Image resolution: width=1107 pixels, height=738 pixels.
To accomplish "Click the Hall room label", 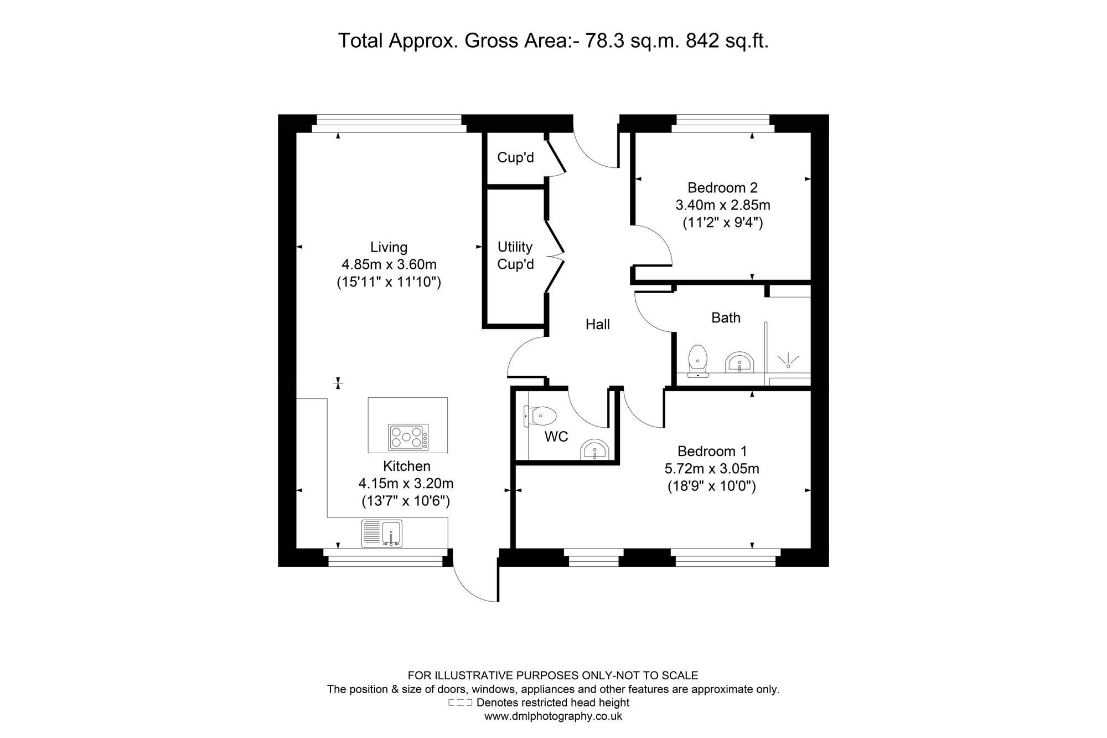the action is pos(598,324).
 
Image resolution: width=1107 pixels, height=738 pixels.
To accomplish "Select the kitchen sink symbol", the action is pos(382,533).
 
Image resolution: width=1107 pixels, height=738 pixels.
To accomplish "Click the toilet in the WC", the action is pos(540,416).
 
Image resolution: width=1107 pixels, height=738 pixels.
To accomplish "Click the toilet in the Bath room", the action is pos(697,361).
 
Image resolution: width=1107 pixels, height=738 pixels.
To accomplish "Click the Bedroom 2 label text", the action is pos(722,188).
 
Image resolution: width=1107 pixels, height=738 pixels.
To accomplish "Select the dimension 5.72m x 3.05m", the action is pos(712,469).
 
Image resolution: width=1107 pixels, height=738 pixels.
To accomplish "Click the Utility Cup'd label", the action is pos(515,255).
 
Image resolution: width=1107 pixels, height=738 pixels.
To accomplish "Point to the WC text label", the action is pos(556,437).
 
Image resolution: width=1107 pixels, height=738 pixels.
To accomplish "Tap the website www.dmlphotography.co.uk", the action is pos(553,716).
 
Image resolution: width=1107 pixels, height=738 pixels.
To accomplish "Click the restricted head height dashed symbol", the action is pos(460,703).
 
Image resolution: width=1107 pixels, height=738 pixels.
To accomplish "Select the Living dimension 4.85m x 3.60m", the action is pos(389,264).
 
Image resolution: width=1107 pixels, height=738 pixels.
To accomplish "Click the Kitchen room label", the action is pos(407,467).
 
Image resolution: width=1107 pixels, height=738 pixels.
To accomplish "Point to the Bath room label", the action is pos(726,317).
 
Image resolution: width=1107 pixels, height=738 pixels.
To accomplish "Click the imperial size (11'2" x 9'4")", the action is pos(722,223).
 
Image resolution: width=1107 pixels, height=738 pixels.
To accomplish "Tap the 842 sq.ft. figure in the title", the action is pos(727,40).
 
